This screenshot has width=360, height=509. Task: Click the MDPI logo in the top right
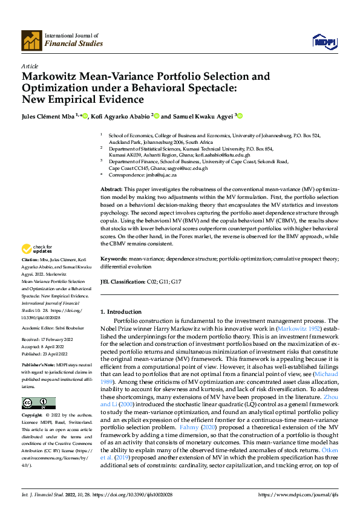click(x=324, y=41)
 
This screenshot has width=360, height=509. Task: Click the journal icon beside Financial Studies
click(x=31, y=40)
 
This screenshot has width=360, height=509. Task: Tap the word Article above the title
click(x=30, y=66)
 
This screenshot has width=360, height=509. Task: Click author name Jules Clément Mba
click(x=47, y=115)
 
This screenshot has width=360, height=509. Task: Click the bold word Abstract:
click(x=113, y=190)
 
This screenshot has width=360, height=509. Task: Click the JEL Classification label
click(x=122, y=282)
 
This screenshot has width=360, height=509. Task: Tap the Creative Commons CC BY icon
click(x=38, y=403)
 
